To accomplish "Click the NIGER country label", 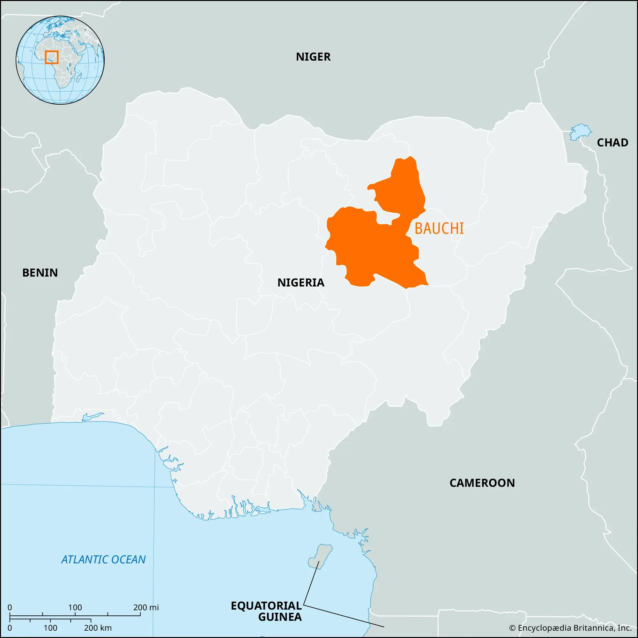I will coord(313,57).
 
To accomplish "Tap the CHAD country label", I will coord(612,143).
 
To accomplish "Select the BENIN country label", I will coord(40,273).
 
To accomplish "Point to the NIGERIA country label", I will coord(300,283).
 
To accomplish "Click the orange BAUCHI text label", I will coord(439,229).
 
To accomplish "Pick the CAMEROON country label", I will coord(482,483).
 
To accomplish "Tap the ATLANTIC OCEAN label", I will coord(103,560).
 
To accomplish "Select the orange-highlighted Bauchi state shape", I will coord(370,248).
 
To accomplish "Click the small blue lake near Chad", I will coord(580,132).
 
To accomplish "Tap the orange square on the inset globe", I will coord(51,57).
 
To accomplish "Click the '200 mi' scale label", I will coord(146,607).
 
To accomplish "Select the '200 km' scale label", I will coord(98,628).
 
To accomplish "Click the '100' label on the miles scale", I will coord(75,607).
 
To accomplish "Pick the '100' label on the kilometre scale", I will coord(50,628).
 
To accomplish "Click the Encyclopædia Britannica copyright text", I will coord(570,628).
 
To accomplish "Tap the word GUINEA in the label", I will coord(280,617).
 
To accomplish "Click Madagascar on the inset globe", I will coord(79,78).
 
